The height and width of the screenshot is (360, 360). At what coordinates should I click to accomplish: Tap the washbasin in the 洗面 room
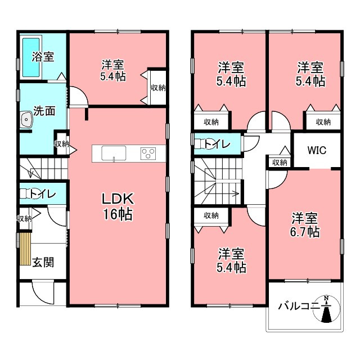click(26, 120)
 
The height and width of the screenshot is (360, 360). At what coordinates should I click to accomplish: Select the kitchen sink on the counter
click(114, 153)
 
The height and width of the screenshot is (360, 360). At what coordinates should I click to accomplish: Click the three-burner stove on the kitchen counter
click(148, 154)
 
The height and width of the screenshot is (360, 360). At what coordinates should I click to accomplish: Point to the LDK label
click(118, 199)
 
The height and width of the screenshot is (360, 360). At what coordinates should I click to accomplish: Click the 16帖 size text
click(118, 214)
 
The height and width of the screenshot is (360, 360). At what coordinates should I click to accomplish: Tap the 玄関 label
click(43, 262)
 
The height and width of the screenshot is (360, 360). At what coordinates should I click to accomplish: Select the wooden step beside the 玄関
click(25, 249)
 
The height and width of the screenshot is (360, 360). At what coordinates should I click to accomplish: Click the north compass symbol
click(326, 308)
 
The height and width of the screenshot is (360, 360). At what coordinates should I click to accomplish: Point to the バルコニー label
click(299, 306)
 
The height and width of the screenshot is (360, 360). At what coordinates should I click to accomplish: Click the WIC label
click(317, 150)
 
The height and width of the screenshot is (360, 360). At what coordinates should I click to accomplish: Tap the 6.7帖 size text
click(305, 232)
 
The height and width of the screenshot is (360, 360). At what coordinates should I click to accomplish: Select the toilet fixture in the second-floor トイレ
click(201, 144)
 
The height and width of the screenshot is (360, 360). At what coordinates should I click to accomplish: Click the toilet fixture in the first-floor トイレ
click(26, 193)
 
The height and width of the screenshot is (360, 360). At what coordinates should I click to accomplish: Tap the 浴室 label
click(43, 56)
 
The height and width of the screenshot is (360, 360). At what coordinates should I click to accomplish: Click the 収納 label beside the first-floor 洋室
click(158, 88)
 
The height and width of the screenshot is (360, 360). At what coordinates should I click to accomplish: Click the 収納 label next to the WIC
click(280, 163)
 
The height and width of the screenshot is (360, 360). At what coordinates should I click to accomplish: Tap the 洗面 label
click(44, 111)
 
